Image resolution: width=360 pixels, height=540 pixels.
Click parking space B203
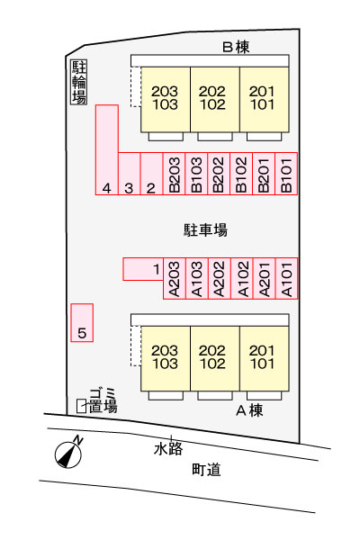pyautogui.click(x=174, y=174)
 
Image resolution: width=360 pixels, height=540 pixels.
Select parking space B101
pyautogui.click(x=286, y=174)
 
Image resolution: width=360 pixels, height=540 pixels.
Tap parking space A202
pyautogui.click(x=219, y=278)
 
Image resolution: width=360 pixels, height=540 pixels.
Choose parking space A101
pyautogui.click(x=286, y=278)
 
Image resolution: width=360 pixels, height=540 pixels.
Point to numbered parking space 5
pyautogui.click(x=82, y=323)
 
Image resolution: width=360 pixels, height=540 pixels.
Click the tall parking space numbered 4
pyautogui.click(x=107, y=150)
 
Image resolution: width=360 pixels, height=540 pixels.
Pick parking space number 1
pyautogui.click(x=143, y=269)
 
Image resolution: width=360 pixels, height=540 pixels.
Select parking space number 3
pyautogui.click(x=130, y=174)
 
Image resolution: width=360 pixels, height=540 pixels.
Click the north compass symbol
pyautogui.click(x=69, y=454)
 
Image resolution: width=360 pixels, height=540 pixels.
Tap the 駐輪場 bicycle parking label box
pyautogui.click(x=79, y=82)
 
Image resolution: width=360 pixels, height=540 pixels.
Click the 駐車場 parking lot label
pyautogui.click(x=205, y=230)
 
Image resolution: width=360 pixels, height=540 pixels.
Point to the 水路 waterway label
pyautogui.click(x=168, y=449)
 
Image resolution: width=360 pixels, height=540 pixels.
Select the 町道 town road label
pyautogui.click(x=206, y=470)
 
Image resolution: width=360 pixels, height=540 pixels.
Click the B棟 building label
pyautogui.click(x=236, y=47)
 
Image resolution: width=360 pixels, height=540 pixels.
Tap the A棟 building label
pyautogui.click(x=249, y=410)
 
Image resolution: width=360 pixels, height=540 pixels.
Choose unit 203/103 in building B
pyautogui.click(x=166, y=99)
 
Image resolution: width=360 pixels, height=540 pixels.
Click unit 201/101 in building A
pyautogui.click(x=265, y=358)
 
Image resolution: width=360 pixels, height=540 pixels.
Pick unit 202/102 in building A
pyautogui.click(x=215, y=358)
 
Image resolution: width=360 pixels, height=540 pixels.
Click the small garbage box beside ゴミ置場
pyautogui.click(x=81, y=406)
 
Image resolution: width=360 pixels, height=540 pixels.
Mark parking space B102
pyautogui.click(x=241, y=174)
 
